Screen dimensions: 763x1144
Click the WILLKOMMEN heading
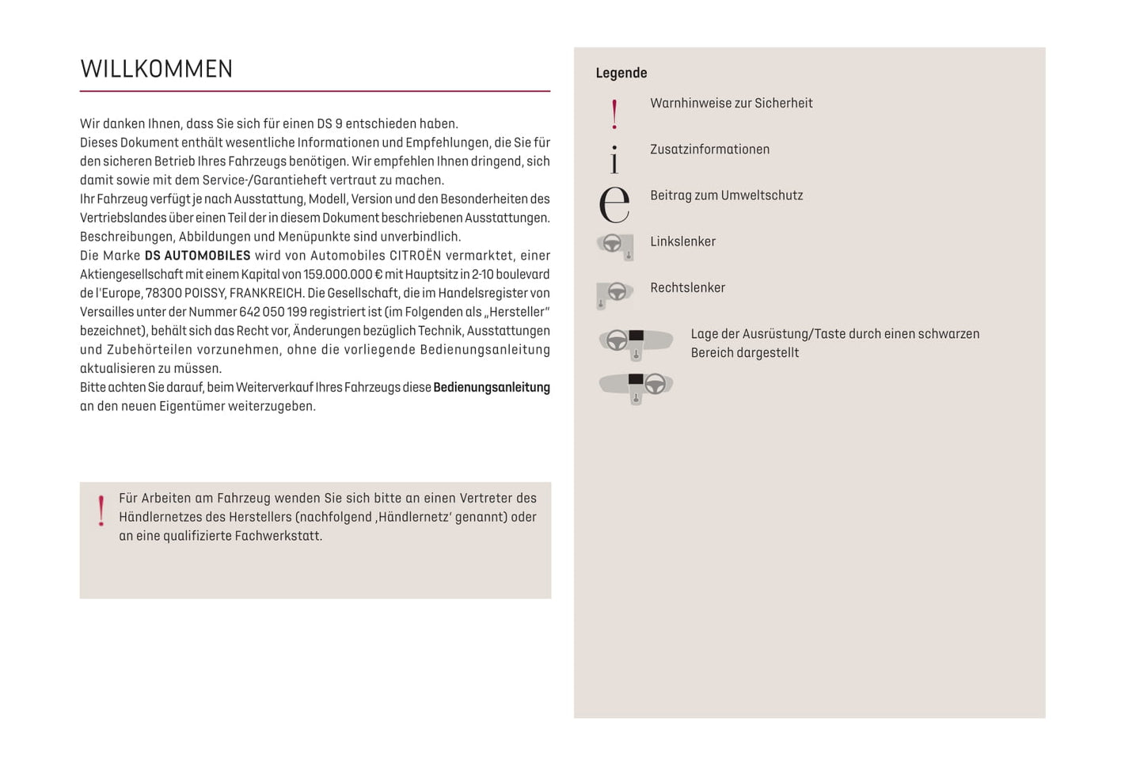click(156, 70)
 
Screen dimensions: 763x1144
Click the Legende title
click(621, 73)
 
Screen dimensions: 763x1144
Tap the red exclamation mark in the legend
click(614, 115)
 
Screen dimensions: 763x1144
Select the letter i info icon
click(614, 159)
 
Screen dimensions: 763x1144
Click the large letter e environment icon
click(614, 204)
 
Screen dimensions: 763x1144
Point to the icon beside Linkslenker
click(615, 246)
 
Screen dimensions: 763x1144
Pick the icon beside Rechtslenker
click(614, 294)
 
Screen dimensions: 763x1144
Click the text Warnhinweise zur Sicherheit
click(731, 103)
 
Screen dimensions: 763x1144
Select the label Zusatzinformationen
click(709, 150)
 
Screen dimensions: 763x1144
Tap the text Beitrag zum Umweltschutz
click(726, 195)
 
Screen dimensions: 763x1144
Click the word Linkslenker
click(682, 241)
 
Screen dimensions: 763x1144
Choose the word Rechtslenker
click(687, 288)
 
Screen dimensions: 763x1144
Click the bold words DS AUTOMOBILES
click(197, 256)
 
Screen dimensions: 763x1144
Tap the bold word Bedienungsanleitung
click(492, 388)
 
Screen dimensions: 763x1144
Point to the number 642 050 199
click(272, 312)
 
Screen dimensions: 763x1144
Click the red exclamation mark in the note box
click(101, 511)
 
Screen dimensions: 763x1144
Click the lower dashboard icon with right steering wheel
click(636, 386)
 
